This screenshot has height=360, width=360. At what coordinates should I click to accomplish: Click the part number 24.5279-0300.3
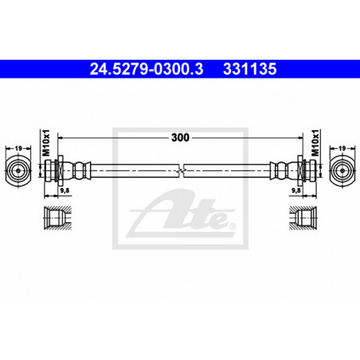coord(147,69)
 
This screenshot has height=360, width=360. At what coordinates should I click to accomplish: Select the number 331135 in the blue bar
coord(250,69)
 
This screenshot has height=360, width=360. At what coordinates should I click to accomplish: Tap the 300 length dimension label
coord(180,138)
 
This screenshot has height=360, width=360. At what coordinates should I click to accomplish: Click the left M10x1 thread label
coord(46,143)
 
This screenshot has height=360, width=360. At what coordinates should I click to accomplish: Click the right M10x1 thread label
coord(315,143)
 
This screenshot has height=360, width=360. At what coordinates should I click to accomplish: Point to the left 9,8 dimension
coord(65,190)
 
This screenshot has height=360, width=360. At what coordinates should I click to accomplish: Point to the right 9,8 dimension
coord(296,190)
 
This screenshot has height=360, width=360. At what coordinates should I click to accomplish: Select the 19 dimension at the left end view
coord(18,148)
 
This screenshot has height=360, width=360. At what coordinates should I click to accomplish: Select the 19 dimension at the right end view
coord(342,148)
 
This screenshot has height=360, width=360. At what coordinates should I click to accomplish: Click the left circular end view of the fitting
coord(18,170)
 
